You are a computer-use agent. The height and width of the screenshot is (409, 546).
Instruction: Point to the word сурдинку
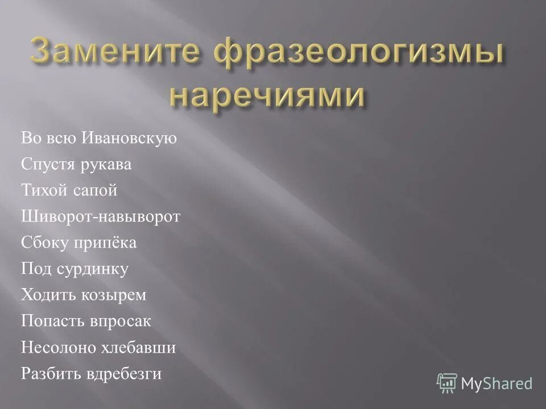pyautogui.click(x=92, y=269)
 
